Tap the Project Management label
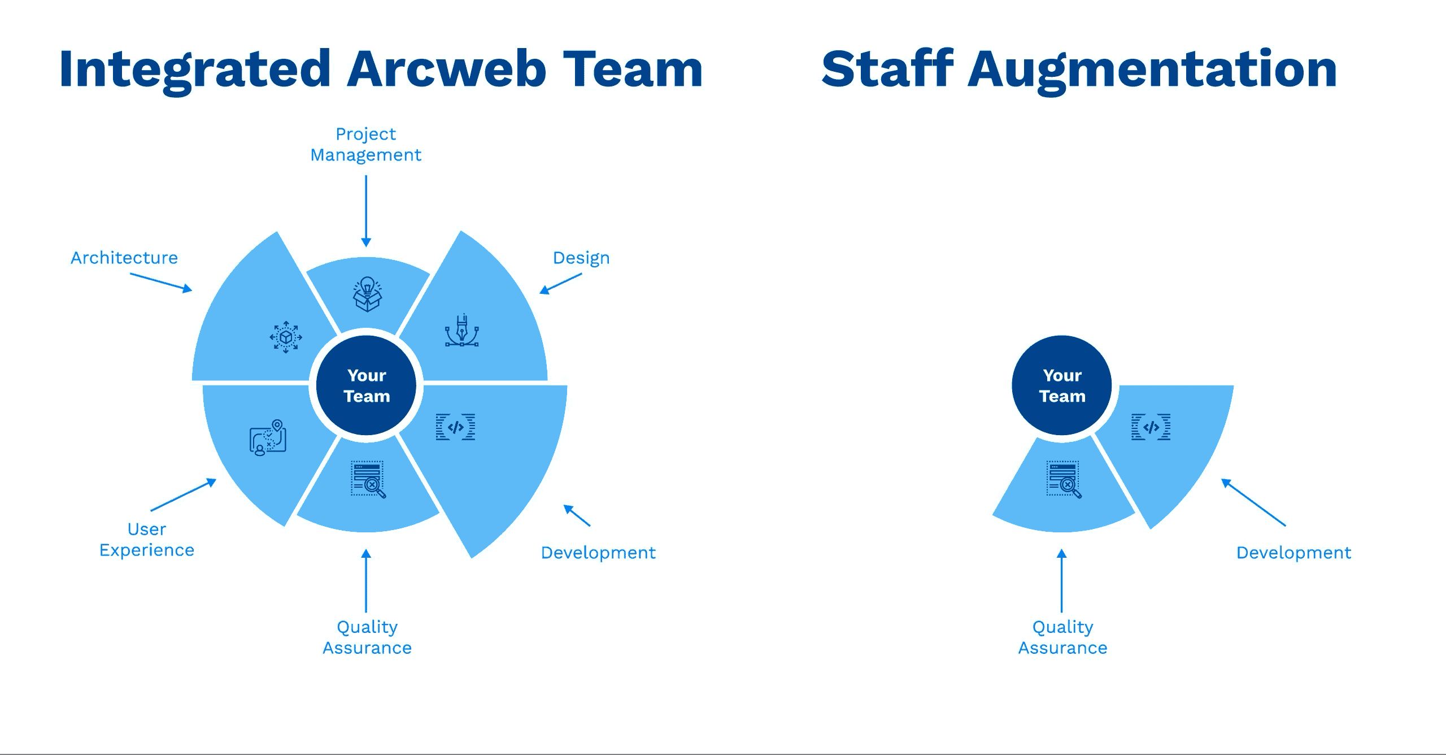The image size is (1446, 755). [366, 145]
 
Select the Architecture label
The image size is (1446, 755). [124, 258]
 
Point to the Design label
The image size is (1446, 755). [581, 258]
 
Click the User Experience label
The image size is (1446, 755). [147, 540]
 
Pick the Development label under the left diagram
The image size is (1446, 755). [598, 553]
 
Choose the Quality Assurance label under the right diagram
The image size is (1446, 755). [1062, 637]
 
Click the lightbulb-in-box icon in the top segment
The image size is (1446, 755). [367, 294]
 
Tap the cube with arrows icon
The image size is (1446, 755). [286, 337]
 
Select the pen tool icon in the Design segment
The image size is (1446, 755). [462, 331]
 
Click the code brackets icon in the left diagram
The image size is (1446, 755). [455, 427]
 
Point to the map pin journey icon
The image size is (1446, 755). [268, 437]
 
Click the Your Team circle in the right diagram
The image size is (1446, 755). [1062, 385]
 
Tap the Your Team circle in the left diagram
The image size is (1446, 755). [367, 385]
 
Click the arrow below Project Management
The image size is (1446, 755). [366, 211]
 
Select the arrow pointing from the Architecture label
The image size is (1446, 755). [161, 283]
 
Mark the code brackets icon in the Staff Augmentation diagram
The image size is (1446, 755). [1151, 427]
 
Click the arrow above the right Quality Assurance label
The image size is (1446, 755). [1062, 580]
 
